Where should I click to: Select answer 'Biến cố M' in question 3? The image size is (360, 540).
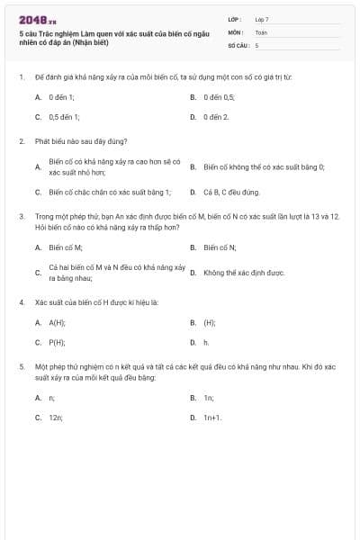[x=66, y=247]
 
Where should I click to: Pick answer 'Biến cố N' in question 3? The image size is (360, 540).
[x=220, y=247]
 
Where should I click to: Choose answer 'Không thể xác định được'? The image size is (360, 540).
[x=244, y=272]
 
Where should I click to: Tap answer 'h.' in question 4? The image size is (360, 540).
[x=206, y=343]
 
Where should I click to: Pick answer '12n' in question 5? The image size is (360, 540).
[x=56, y=418]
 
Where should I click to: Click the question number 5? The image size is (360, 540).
[x=21, y=367]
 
